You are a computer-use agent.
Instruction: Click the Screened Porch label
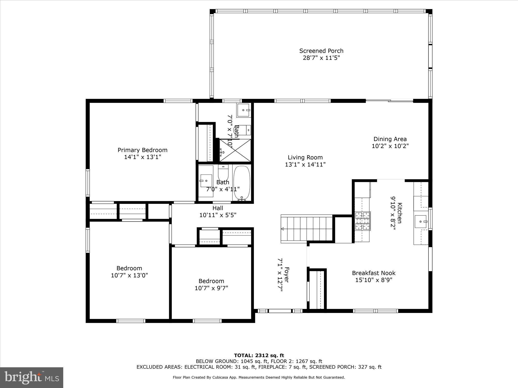point(321,51)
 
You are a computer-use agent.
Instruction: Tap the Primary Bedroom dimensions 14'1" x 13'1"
point(142,157)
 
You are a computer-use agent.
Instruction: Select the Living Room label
point(305,157)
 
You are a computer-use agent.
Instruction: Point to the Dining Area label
point(390,139)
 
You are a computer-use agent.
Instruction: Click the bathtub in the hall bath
point(242,183)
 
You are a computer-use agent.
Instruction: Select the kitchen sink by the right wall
point(421,222)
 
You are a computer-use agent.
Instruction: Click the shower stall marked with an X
point(235,150)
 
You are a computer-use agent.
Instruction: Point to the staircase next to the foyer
point(307,229)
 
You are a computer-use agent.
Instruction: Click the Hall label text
point(218,208)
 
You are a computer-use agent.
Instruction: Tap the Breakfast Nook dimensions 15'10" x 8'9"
point(374,280)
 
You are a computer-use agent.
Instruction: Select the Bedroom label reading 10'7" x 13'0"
point(129,268)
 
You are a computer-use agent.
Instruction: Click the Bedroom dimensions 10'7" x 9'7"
point(211,288)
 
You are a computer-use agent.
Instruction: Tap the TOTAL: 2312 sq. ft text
point(259,356)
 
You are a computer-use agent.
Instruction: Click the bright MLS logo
point(32,378)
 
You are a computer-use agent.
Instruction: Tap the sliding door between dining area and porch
point(389,101)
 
